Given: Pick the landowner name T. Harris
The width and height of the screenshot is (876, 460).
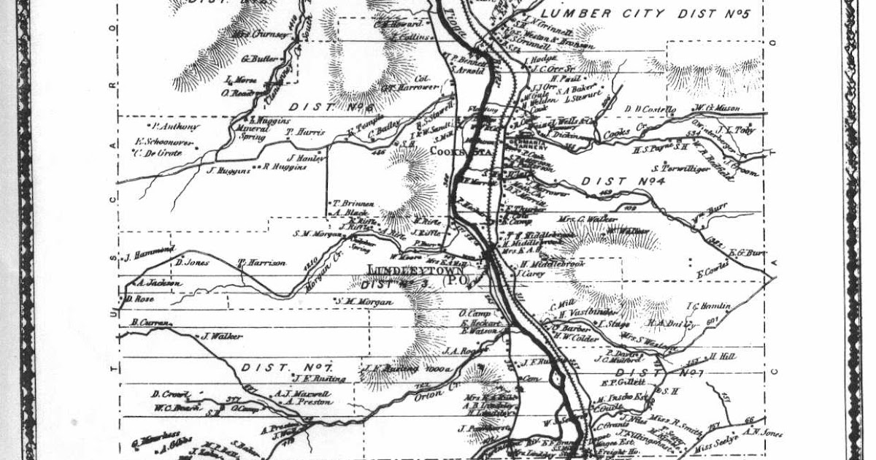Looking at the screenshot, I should click(x=304, y=132).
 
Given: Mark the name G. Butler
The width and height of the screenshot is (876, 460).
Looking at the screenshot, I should click(x=255, y=58).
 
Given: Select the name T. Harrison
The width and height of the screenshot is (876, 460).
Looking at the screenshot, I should click(x=262, y=263).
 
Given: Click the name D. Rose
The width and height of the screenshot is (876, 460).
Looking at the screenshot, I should click(x=138, y=299).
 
